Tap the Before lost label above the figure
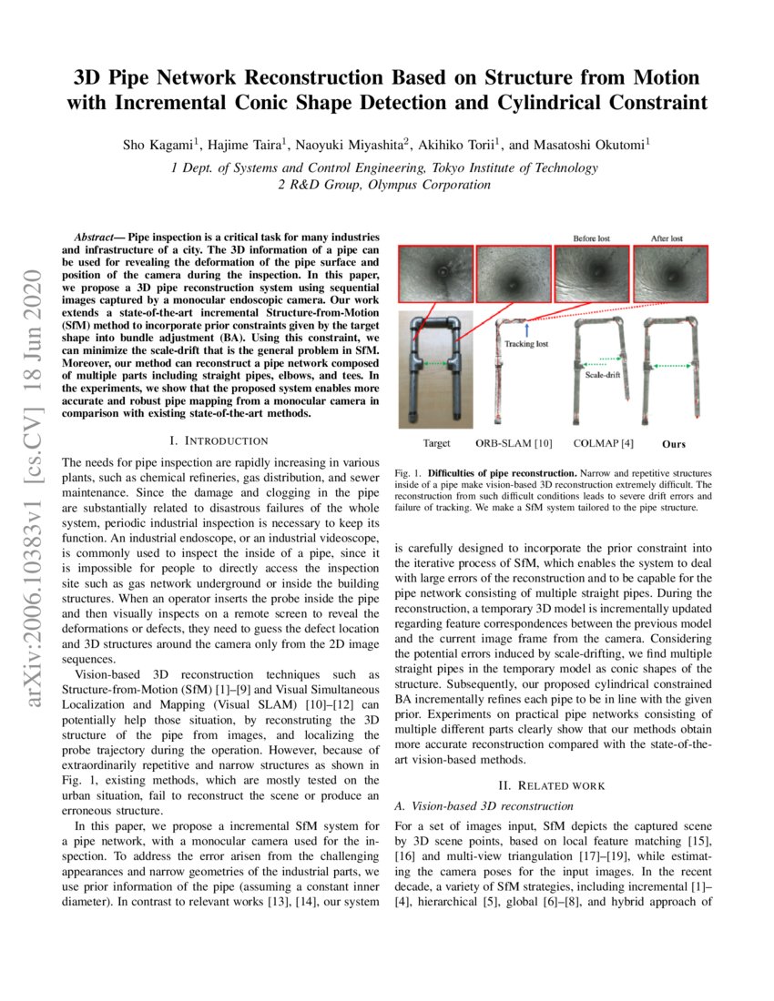point(590,238)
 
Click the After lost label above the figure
point(669,238)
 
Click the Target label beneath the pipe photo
point(436,444)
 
